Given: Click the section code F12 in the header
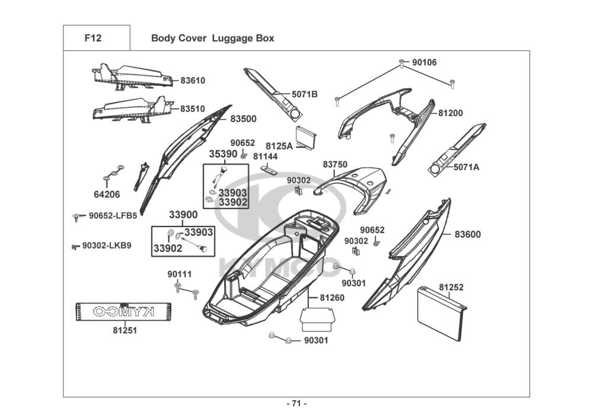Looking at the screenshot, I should tap(93, 39).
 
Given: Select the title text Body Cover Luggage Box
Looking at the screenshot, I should tap(212, 39).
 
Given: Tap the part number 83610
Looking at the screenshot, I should tap(193, 81).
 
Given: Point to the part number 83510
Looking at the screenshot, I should tap(193, 109).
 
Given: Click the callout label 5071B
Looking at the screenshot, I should tap(304, 94).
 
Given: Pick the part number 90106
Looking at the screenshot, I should tap(424, 62).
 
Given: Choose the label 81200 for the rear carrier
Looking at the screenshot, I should tap(451, 113).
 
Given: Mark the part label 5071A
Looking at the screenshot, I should tap(466, 167).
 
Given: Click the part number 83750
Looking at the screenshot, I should tap(335, 164).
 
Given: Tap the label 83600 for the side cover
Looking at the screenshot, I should tap(468, 234).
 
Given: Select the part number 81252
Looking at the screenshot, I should tap(451, 287).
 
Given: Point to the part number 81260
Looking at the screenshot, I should tap(331, 298).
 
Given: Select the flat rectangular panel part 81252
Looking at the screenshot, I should tap(439, 314).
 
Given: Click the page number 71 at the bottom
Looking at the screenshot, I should tap(296, 404).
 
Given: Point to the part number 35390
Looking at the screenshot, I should tap(223, 154).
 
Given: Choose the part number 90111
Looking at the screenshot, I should tap(179, 274).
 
